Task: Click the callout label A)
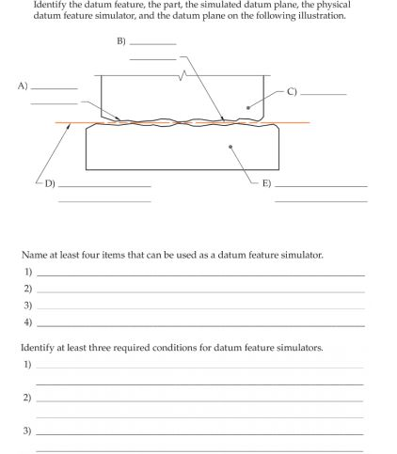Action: [24, 86]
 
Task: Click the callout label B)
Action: [120, 42]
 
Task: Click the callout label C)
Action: [292, 92]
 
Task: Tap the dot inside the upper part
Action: [248, 107]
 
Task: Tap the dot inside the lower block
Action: [231, 147]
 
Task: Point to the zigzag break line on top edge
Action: [185, 74]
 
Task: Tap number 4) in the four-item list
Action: [28, 322]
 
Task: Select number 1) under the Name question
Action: [28, 272]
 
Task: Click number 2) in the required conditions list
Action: [28, 398]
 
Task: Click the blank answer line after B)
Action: [152, 44]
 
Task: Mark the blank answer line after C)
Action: [324, 94]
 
